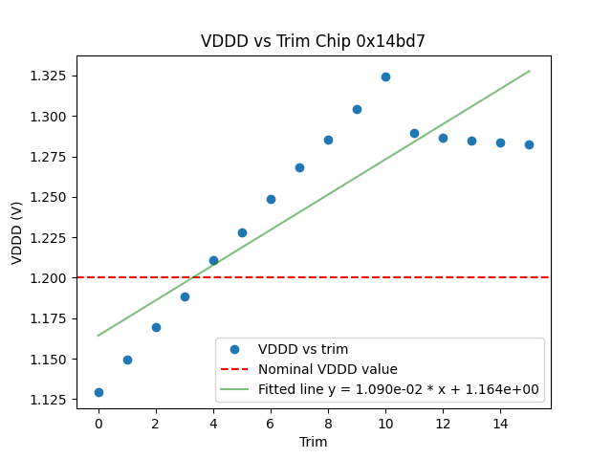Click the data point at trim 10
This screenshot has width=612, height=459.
[385, 76]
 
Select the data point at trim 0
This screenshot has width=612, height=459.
[98, 392]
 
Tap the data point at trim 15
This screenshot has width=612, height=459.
[529, 144]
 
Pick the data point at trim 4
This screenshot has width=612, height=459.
[213, 260]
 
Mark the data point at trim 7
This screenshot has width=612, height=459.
[299, 167]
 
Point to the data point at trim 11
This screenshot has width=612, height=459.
[414, 133]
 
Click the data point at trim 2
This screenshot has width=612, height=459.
[156, 327]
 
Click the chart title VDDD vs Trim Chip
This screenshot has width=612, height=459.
[313, 41]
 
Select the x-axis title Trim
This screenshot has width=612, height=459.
[313, 442]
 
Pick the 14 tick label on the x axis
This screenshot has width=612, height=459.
[500, 423]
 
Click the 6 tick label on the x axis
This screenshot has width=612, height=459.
[271, 423]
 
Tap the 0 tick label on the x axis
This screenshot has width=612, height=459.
[98, 423]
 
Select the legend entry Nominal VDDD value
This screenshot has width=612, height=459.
[327, 369]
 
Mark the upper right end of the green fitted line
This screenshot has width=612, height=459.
[529, 71]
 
